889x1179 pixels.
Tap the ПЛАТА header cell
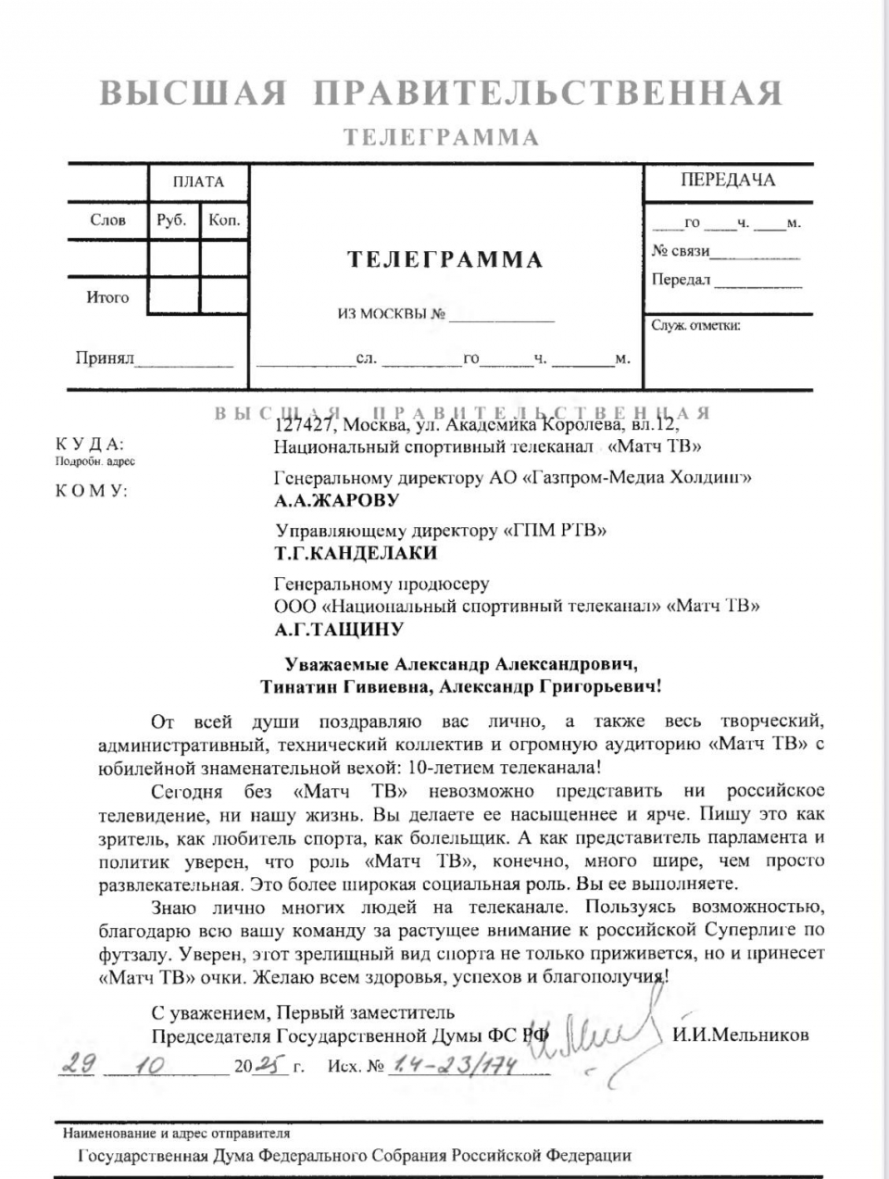point(198,182)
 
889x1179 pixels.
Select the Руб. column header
point(172,220)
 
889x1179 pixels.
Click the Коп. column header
point(224,220)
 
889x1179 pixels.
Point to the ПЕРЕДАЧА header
point(728,180)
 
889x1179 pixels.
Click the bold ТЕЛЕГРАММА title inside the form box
point(444,259)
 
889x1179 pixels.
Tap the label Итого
point(107,297)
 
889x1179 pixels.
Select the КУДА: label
point(89,445)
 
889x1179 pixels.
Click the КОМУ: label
point(91,491)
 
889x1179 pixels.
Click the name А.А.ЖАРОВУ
point(337,501)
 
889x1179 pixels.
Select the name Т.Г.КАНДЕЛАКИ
point(356,554)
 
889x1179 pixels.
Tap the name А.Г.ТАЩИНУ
point(339,630)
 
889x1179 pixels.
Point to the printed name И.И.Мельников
point(741,1035)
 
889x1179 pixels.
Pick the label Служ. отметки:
point(695,325)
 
